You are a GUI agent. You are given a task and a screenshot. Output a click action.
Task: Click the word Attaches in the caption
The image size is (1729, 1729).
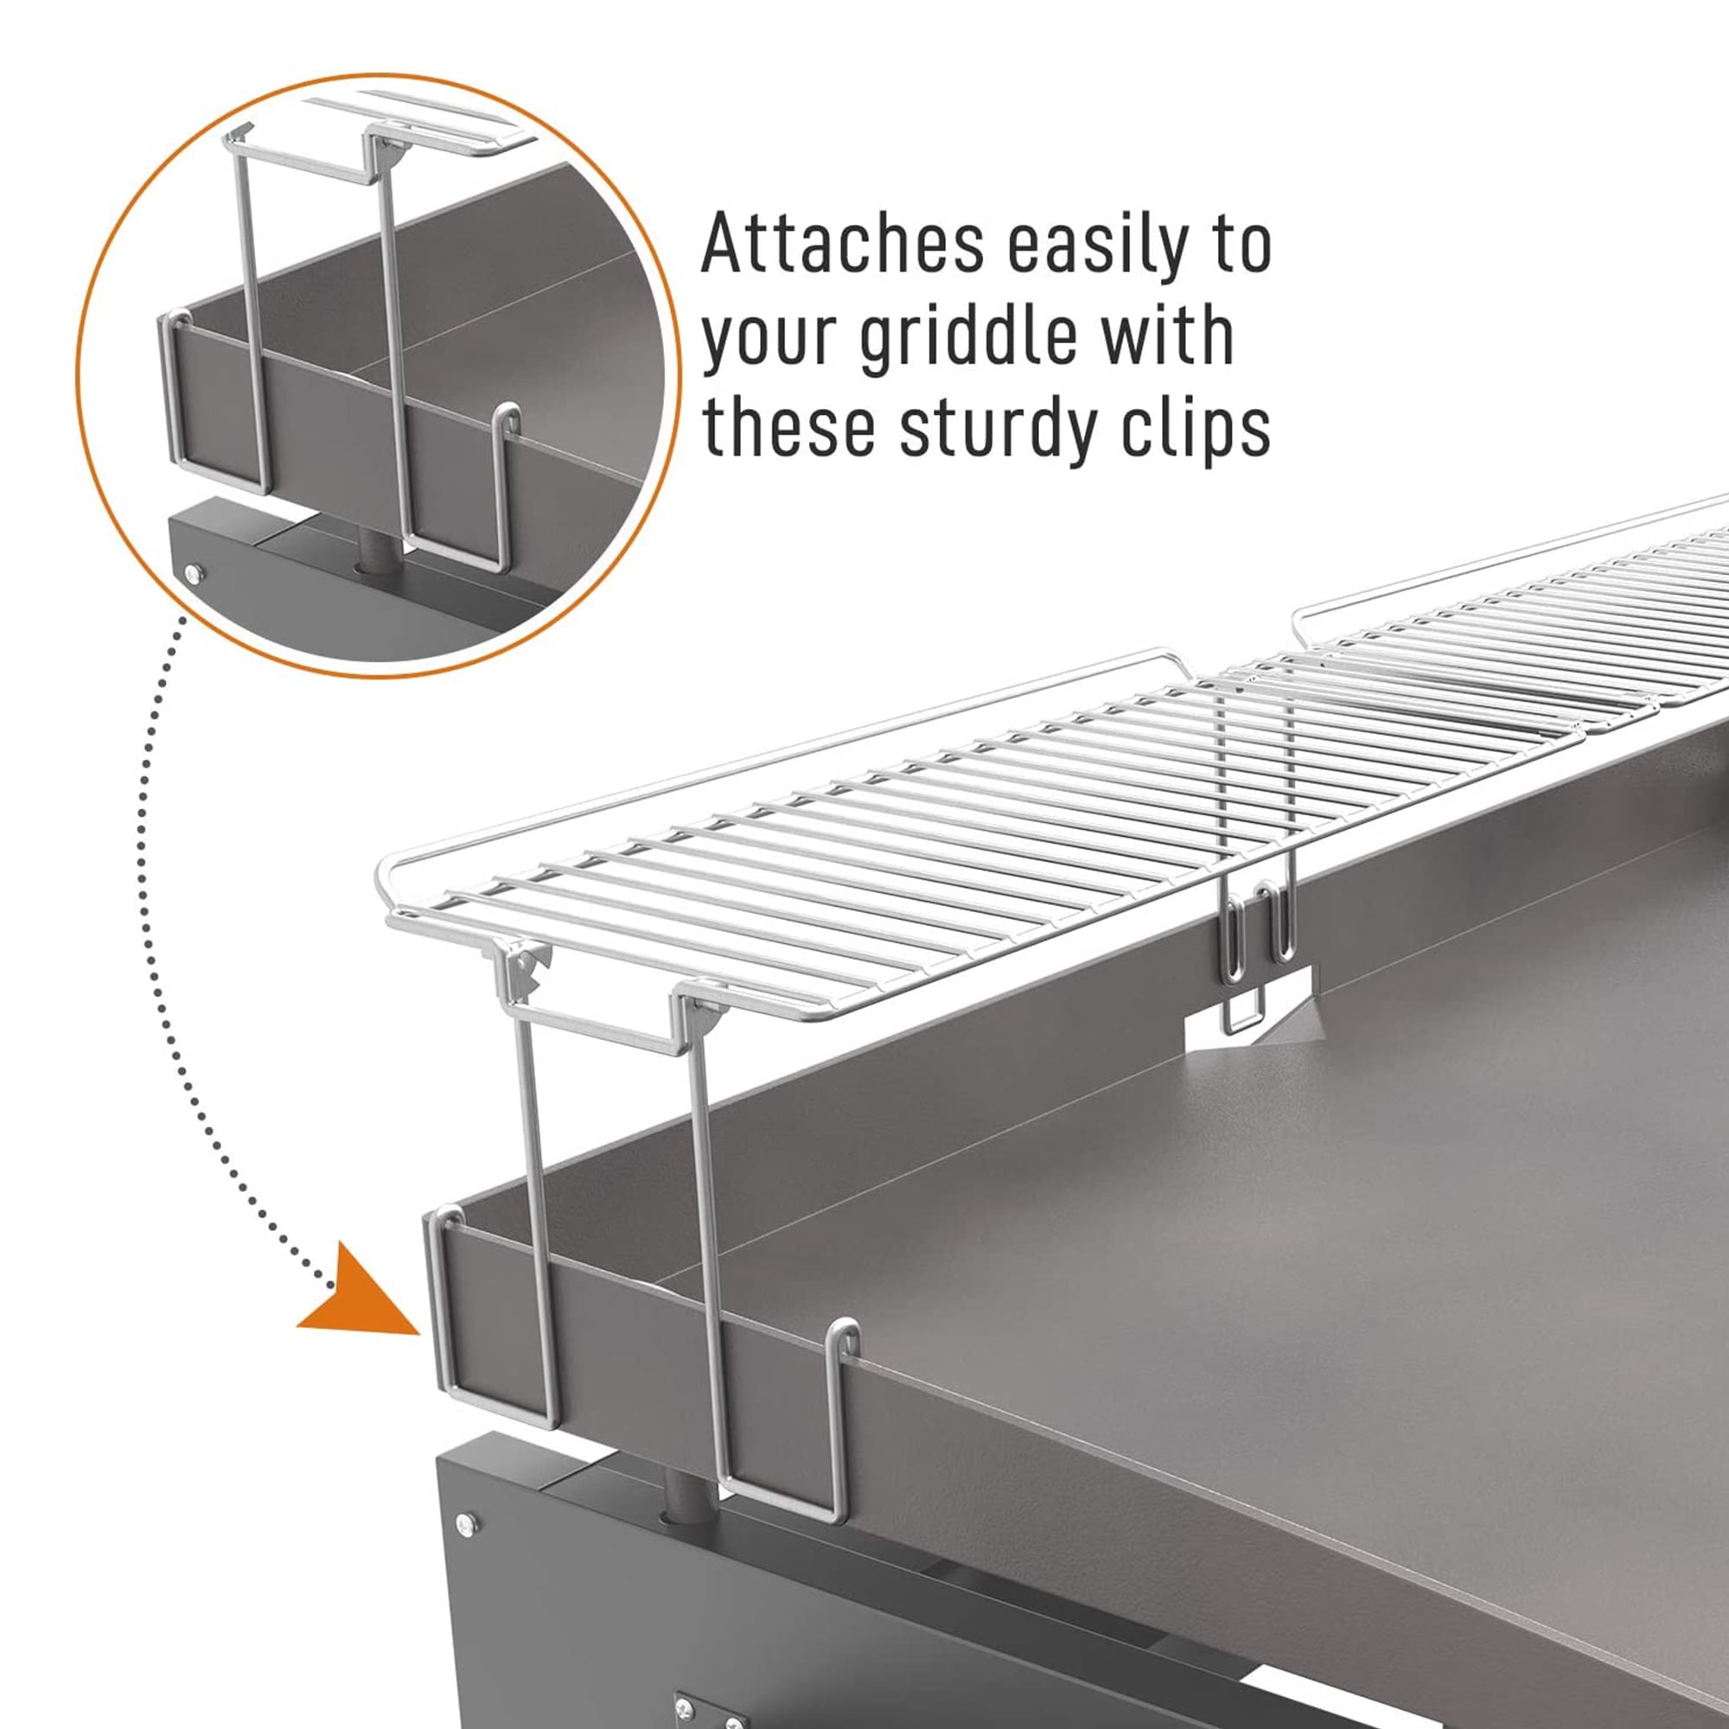tap(842, 245)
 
